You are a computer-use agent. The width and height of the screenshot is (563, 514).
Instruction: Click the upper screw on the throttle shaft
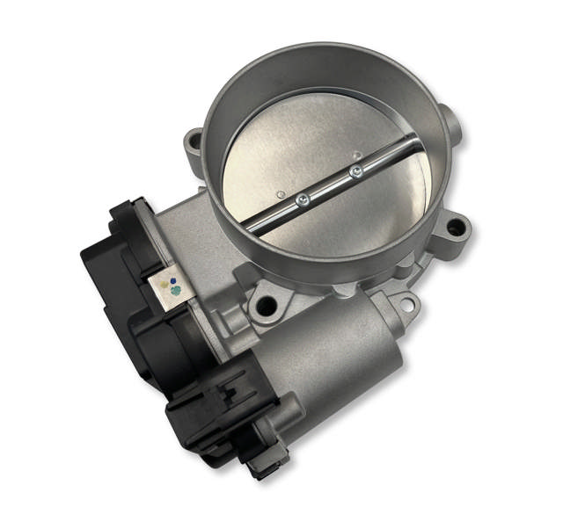[x=355, y=171]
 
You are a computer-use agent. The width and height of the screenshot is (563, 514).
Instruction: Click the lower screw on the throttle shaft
[x=302, y=200]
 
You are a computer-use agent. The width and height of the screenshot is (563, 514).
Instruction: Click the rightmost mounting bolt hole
[x=454, y=228]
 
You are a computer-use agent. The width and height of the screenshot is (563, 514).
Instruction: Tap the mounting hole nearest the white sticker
[x=262, y=307]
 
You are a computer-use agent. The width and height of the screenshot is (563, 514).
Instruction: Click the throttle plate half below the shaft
[x=352, y=220]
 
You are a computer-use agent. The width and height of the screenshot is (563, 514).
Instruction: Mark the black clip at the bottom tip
[x=261, y=465]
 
